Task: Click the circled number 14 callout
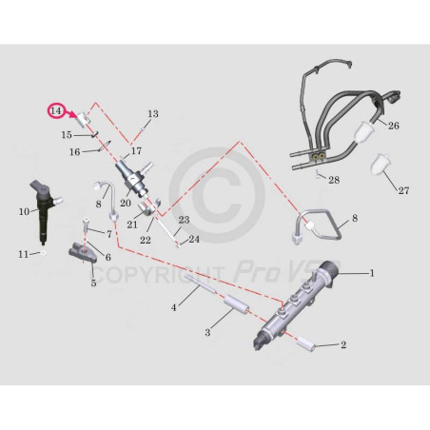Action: pyautogui.click(x=56, y=111)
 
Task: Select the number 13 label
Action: pyautogui.click(x=153, y=114)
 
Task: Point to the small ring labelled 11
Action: pyautogui.click(x=43, y=253)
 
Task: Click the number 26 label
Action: pyautogui.click(x=394, y=126)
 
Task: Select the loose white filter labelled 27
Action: pyautogui.click(x=381, y=163)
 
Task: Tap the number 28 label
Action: pyautogui.click(x=334, y=180)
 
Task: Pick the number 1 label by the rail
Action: pyautogui.click(x=372, y=273)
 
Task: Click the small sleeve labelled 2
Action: pyautogui.click(x=306, y=344)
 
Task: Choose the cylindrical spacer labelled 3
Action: pyautogui.click(x=236, y=305)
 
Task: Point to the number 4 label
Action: pyautogui.click(x=173, y=307)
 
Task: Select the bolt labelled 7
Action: pyautogui.click(x=86, y=225)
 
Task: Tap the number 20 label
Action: pyautogui.click(x=126, y=203)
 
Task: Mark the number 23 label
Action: pyautogui.click(x=184, y=220)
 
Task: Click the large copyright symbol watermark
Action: pyautogui.click(x=217, y=195)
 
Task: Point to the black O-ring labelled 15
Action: pyautogui.click(x=94, y=134)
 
